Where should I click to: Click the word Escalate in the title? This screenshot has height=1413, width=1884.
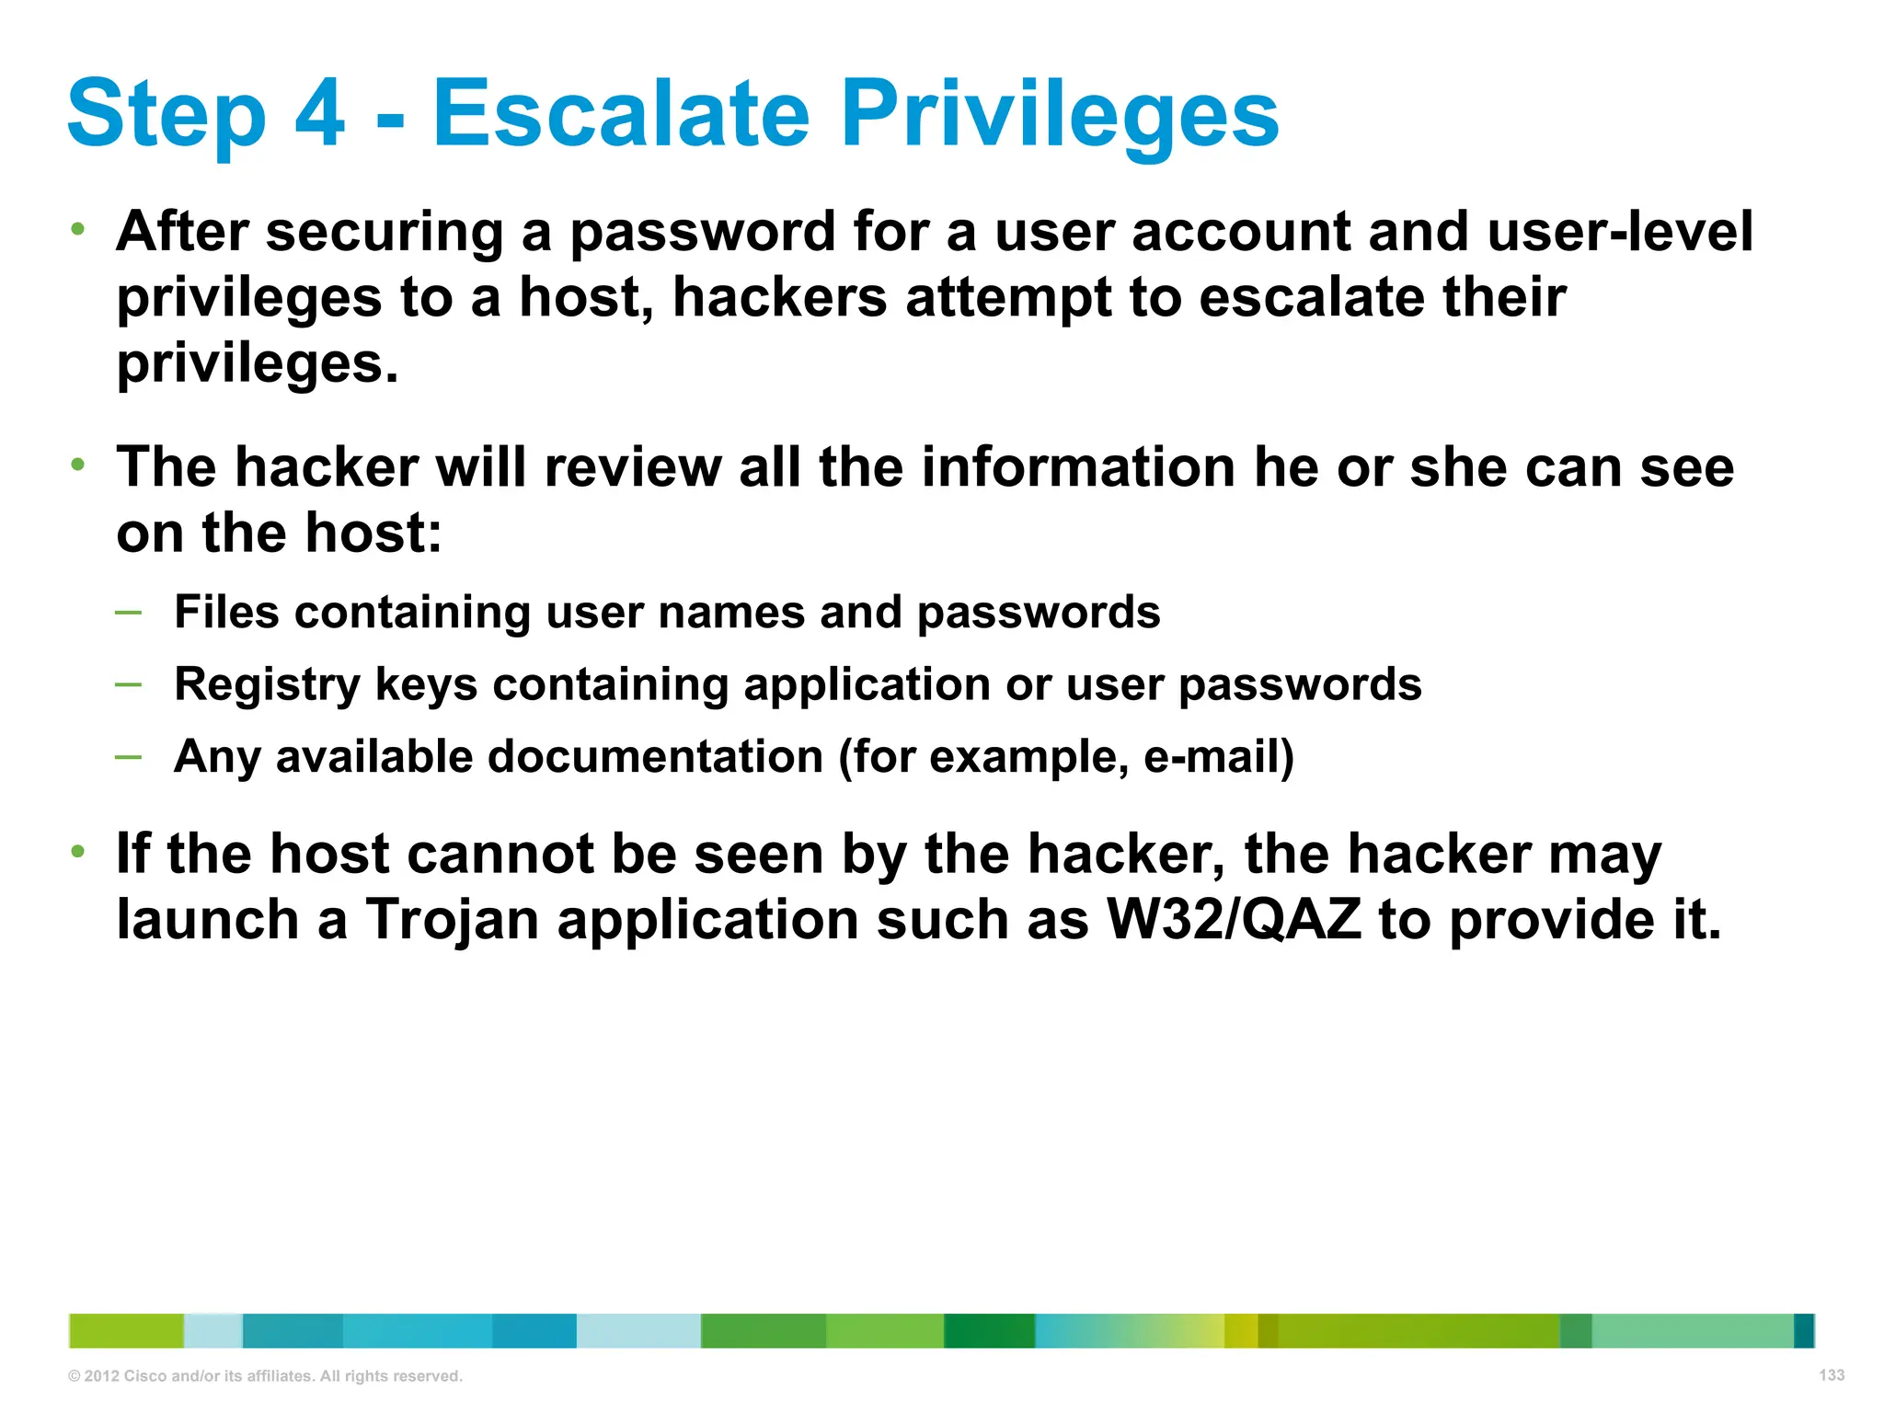click(621, 114)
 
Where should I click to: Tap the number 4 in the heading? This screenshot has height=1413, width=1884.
click(319, 114)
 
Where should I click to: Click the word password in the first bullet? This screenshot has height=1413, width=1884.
click(702, 232)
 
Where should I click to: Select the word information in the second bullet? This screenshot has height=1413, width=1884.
click(1079, 467)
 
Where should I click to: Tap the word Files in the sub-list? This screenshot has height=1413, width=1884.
click(226, 612)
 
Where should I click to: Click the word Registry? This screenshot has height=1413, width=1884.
click(267, 686)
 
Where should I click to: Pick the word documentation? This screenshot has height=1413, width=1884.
click(655, 757)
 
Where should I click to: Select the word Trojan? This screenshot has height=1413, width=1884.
click(452, 921)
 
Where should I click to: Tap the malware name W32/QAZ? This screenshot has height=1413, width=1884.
click(1234, 920)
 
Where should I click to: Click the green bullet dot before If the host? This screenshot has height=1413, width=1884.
click(79, 851)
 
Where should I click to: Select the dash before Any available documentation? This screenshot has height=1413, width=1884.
click(129, 757)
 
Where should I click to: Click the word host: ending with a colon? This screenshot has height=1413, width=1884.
click(373, 534)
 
